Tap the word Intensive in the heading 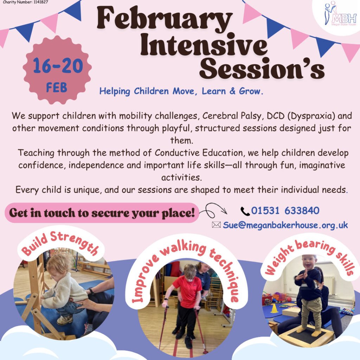click(204, 45)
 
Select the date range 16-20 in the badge click(58, 66)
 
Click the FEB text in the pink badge click(57, 87)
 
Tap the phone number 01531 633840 click(285, 210)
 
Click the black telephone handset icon click(245, 211)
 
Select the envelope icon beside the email click(216, 225)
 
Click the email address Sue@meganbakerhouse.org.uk click(285, 225)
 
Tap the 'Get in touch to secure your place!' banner click(102, 213)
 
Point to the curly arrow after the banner click(213, 210)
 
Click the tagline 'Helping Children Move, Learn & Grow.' click(181, 91)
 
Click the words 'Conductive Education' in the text click(199, 153)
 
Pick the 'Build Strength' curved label click(60, 243)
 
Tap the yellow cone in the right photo click(274, 308)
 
